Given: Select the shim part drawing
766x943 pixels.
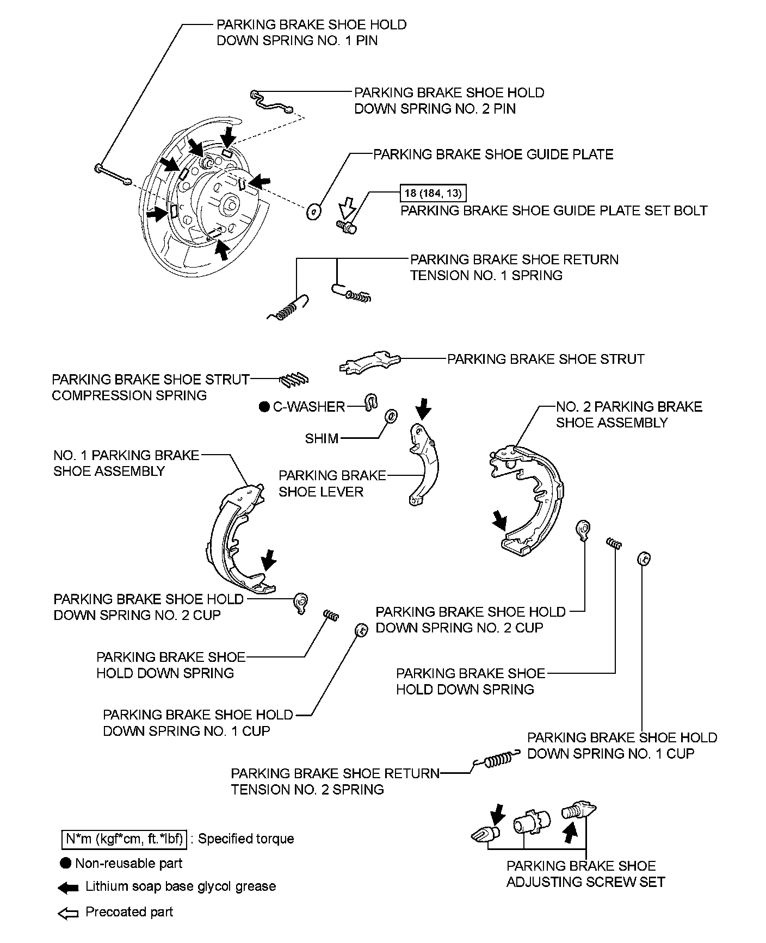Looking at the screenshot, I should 390,417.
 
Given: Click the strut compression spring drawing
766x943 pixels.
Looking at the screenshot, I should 295,380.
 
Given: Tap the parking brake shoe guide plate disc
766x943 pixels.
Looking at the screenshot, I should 313,212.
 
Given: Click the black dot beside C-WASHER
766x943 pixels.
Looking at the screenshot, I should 264,407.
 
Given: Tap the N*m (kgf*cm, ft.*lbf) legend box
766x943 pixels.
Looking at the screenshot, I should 123,839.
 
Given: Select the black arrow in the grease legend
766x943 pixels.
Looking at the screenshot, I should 69,888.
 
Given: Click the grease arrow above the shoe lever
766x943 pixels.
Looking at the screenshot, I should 423,408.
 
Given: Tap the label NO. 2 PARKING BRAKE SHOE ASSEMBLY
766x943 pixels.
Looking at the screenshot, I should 628,414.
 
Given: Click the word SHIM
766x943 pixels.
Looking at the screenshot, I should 322,438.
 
